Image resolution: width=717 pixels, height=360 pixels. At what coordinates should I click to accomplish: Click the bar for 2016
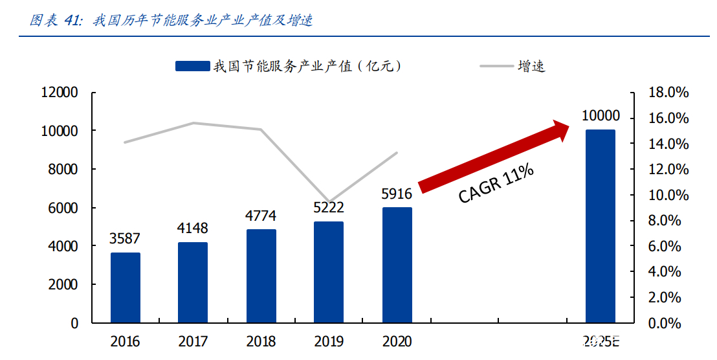click(126, 287)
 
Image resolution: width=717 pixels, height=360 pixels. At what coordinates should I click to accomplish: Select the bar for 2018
click(261, 276)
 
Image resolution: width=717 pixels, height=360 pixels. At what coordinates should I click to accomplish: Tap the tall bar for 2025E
click(600, 226)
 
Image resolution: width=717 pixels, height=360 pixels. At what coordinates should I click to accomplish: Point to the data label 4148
click(193, 228)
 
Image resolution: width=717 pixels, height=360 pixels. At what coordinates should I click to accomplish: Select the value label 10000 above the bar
click(600, 116)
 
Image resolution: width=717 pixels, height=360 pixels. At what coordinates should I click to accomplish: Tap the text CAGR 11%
click(496, 184)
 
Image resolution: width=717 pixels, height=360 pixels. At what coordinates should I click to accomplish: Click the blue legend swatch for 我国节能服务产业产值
click(192, 66)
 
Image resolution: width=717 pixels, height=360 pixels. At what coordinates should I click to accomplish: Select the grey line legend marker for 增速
click(496, 66)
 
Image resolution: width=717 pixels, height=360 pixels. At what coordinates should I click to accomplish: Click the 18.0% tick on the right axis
click(669, 93)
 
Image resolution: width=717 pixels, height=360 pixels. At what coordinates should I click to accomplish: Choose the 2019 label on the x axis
click(329, 341)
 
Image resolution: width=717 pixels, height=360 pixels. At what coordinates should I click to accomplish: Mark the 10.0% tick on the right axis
click(669, 195)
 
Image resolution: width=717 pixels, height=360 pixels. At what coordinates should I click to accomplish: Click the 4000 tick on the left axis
click(63, 246)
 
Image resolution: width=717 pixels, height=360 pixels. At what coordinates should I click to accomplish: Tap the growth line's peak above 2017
click(193, 123)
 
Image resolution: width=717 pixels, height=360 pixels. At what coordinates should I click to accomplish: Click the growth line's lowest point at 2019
click(329, 202)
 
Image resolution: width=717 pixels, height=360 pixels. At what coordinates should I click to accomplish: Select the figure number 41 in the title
click(72, 21)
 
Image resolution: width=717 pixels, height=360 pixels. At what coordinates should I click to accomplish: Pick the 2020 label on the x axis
click(397, 341)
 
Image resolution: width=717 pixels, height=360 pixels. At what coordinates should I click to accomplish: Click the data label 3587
click(126, 238)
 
